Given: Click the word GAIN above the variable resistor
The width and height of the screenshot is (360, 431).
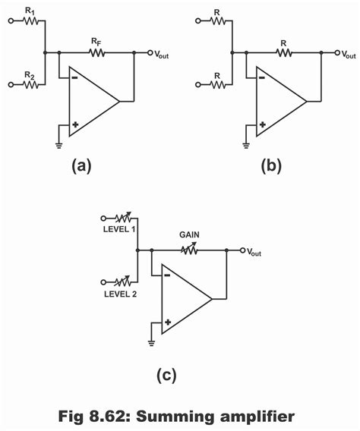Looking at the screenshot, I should click(x=190, y=235).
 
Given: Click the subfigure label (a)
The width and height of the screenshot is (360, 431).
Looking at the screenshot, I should click(x=81, y=166).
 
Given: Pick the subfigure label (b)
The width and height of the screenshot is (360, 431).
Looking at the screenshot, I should click(x=270, y=166).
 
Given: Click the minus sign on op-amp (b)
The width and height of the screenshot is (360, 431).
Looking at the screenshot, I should click(x=262, y=77).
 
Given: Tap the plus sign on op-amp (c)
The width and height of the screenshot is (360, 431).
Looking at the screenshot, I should click(x=168, y=321).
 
